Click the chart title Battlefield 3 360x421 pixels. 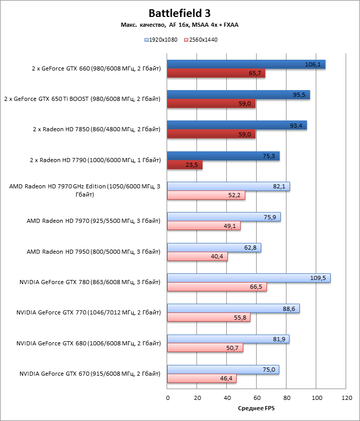pyautogui.click(x=179, y=13)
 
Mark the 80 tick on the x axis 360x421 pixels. pyautogui.click(x=287, y=398)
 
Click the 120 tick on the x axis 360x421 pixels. pyautogui.click(x=347, y=398)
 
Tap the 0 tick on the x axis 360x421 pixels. pyautogui.click(x=168, y=398)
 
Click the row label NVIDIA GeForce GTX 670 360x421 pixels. pyautogui.click(x=90, y=374)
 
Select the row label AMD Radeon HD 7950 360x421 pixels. pyautogui.click(x=94, y=252)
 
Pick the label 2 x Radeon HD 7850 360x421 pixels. pyautogui.click(x=96, y=129)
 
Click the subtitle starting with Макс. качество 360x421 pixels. pyautogui.click(x=179, y=25)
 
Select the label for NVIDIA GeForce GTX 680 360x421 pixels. pyautogui.click(x=88, y=343)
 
